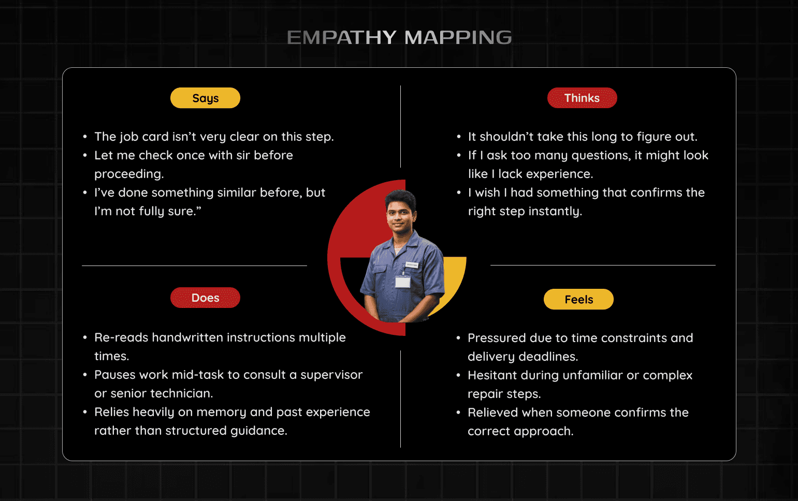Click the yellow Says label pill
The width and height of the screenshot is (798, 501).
205,98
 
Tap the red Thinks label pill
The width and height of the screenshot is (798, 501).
582,98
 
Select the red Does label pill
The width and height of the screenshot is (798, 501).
205,298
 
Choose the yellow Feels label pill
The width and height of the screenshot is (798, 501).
578,299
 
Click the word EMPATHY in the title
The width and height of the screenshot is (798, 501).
342,38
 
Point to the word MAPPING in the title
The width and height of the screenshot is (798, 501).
458,38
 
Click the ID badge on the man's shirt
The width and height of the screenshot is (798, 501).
402,281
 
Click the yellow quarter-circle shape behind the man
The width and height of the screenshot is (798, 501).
453,279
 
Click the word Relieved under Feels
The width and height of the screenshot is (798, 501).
492,412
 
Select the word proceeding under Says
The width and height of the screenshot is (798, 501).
128,174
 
